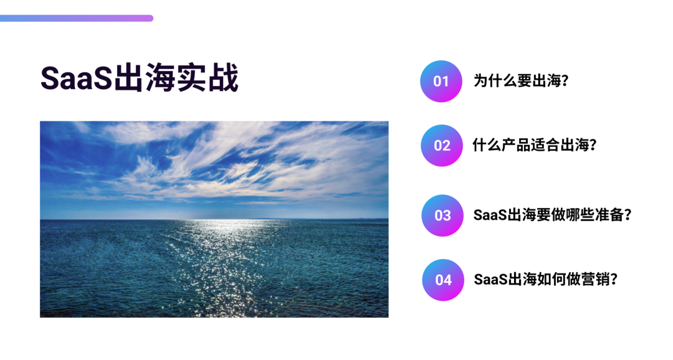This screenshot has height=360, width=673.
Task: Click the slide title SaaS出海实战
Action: [x=139, y=78]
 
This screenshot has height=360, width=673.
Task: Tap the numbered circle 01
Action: [x=441, y=81]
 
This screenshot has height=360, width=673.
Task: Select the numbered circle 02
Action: [x=442, y=146]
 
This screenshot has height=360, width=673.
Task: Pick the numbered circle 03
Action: [x=442, y=216]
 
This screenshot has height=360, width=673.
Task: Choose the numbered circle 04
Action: [x=444, y=280]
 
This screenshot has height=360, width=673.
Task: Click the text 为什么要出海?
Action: [x=521, y=81]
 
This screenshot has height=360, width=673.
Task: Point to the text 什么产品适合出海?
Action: [x=535, y=145]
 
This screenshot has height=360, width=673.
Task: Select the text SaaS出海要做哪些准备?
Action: [x=553, y=215]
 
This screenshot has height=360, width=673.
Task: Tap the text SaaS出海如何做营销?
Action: [x=545, y=279]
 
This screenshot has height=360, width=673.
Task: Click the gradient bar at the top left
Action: [x=77, y=18]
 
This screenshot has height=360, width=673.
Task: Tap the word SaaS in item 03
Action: [x=490, y=215]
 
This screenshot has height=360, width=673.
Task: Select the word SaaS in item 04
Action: [x=490, y=279]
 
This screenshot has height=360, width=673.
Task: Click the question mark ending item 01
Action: [x=565, y=81]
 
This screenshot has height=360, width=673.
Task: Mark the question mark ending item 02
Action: [x=593, y=145]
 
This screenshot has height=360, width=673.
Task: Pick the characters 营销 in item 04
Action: [x=595, y=279]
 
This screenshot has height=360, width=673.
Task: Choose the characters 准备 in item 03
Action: [x=609, y=215]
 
